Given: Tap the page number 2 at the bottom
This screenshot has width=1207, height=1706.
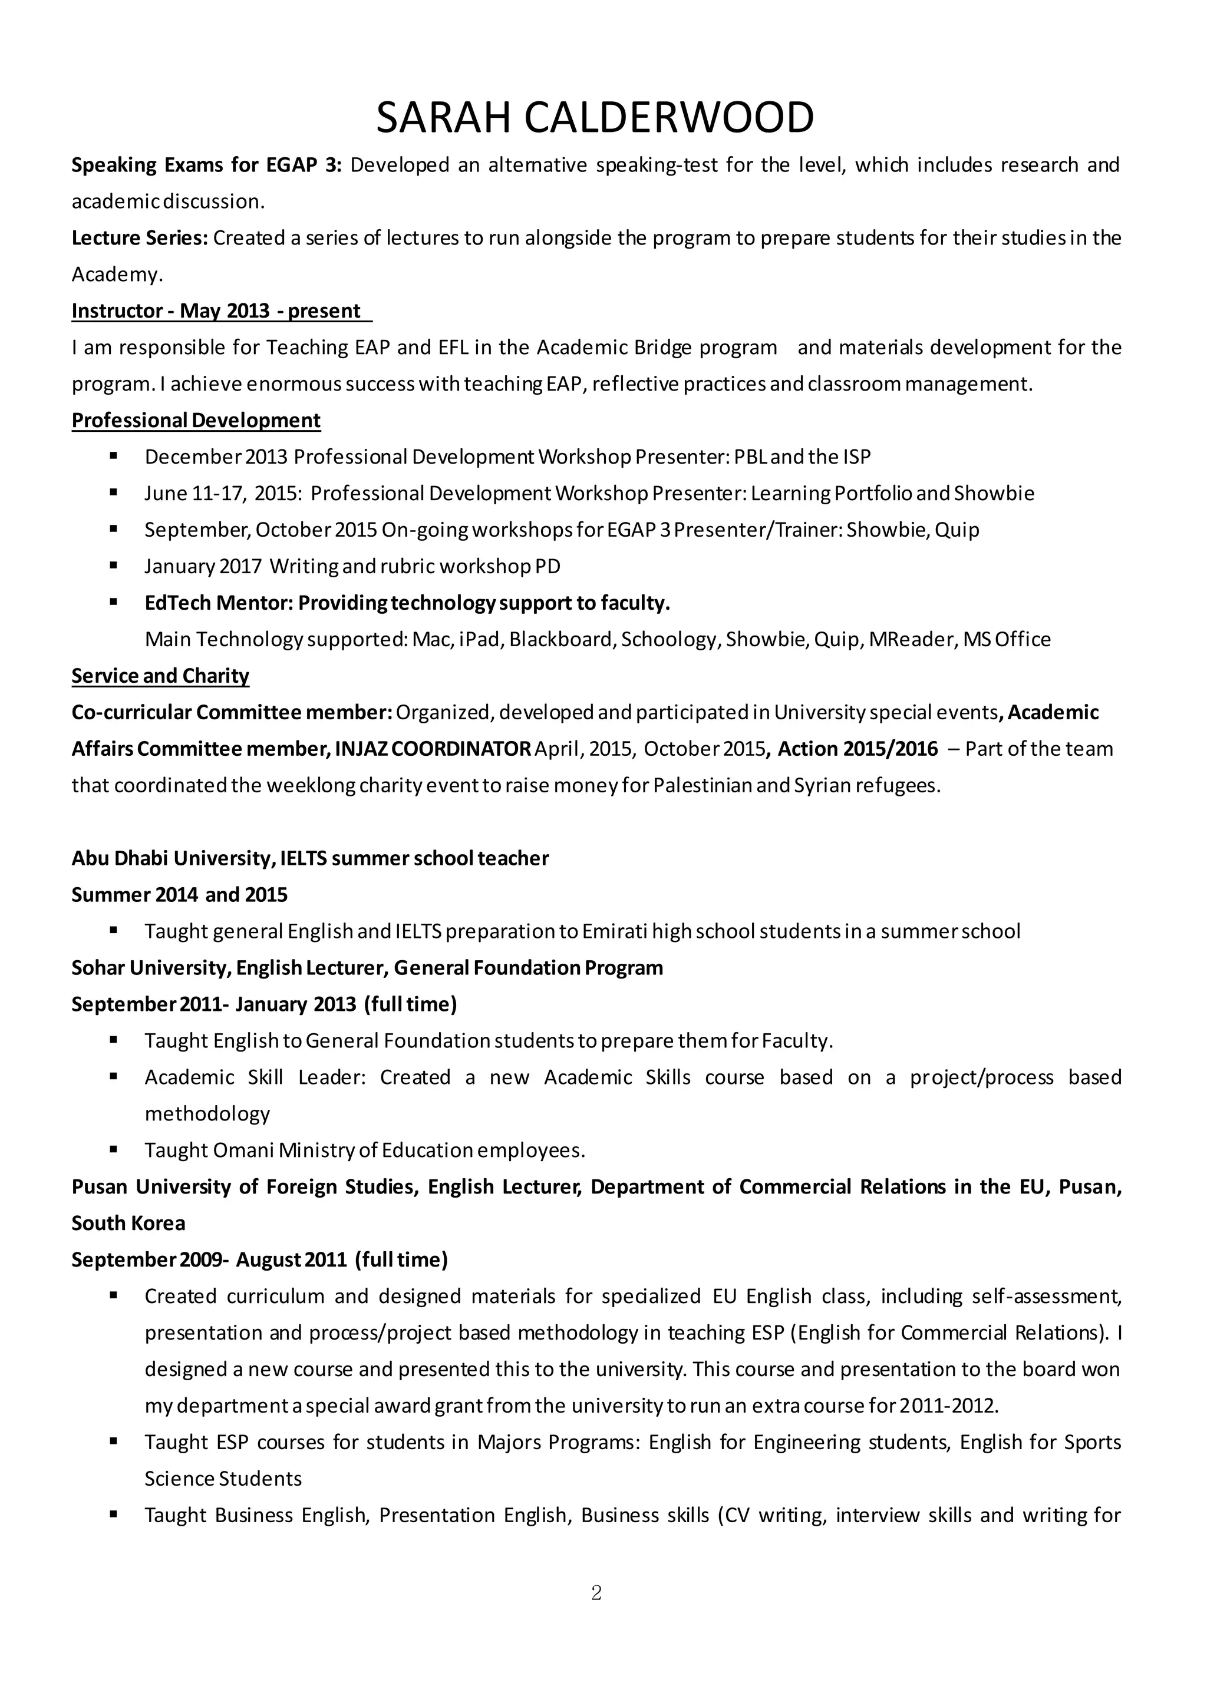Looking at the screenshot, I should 596,1592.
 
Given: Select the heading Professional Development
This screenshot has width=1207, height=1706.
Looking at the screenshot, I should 196,421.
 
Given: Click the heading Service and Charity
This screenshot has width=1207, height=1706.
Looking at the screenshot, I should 160,676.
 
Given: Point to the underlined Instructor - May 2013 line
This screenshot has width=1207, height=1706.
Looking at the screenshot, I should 221,310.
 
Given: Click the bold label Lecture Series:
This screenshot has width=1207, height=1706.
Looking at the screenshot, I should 140,238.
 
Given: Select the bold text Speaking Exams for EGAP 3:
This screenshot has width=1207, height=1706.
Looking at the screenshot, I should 206,165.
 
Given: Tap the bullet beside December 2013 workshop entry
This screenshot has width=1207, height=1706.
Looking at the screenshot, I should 114,455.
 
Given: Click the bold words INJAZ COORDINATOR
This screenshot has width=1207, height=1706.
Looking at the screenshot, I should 433,748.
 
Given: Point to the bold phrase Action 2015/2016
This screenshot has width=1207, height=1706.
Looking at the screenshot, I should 858,748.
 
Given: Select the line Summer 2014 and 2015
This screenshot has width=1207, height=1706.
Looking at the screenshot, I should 179,895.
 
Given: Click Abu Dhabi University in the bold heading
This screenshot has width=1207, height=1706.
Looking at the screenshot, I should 171,858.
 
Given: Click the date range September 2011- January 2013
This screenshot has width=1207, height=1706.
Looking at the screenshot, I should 214,1004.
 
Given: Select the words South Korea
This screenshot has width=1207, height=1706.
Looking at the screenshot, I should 128,1223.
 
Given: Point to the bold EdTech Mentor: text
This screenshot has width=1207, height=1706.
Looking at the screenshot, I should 217,603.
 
